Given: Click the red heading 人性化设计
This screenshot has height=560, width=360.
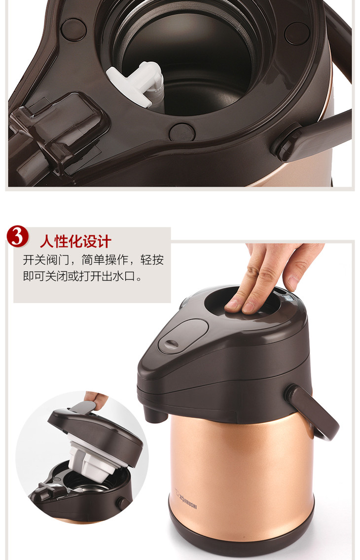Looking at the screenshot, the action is [76, 241].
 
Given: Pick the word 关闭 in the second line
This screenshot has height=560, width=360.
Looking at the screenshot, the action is [56, 276].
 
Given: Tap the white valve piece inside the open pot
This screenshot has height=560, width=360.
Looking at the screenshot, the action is [137, 82].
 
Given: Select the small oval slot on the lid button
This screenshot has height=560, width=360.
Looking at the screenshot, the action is [172, 344].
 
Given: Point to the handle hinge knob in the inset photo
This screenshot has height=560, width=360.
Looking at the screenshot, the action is [123, 504].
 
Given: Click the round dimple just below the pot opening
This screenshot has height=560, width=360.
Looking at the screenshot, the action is [182, 132].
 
